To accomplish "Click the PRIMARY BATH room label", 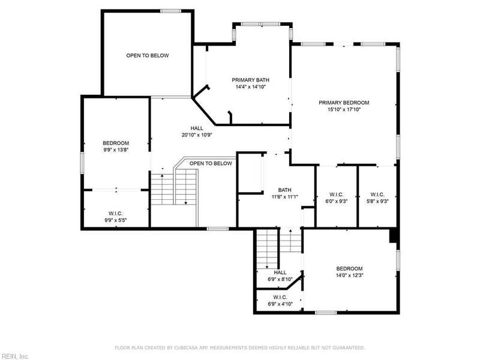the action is tap(250, 80).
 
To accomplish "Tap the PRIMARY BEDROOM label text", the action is tap(344, 103).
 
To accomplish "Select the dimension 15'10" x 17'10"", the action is tap(344, 109).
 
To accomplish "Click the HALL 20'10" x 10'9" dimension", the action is tap(197, 134).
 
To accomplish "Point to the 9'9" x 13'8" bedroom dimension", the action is tap(116, 149).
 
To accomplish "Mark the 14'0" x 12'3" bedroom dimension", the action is tap(350, 275).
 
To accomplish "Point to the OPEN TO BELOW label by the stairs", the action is tap(211, 163).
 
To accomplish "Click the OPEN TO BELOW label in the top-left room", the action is tap(148, 55).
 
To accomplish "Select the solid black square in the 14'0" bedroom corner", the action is tap(394, 236).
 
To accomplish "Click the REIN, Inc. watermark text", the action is tap(14, 356).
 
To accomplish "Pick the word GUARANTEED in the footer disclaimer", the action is tap(349, 348).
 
